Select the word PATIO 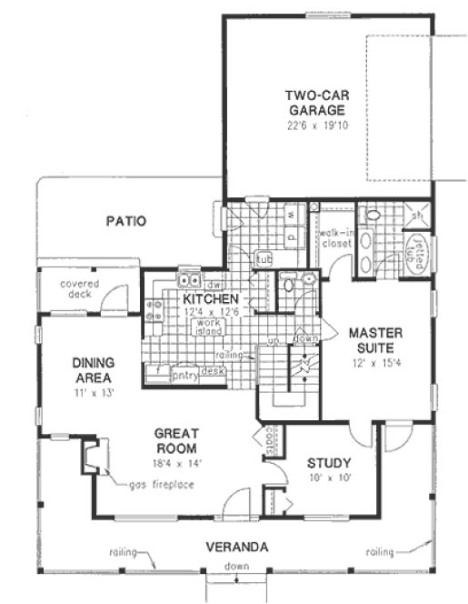125,220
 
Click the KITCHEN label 211,299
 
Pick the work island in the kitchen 211,327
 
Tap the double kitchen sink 190,281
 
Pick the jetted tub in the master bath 421,250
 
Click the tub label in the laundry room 263,258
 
